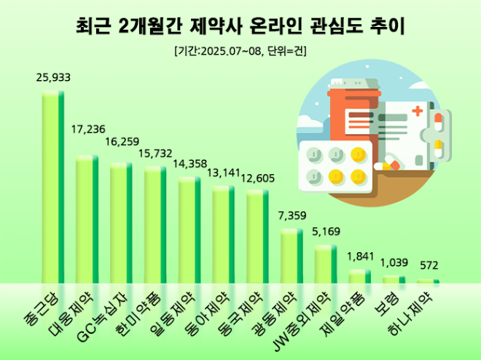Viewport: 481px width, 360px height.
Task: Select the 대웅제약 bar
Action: tap(87, 219)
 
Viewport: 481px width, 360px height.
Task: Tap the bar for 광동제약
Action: tap(292, 256)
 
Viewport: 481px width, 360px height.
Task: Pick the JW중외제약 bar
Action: tap(326, 264)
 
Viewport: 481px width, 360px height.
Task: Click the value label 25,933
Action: tap(52, 79)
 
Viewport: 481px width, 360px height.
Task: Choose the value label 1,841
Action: tap(361, 257)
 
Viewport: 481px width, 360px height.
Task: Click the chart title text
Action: tap(240, 27)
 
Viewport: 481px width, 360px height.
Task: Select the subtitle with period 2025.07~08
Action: tap(240, 52)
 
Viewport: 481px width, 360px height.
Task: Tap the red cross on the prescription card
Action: tap(418, 111)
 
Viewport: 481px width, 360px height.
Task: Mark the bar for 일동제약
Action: tap(189, 230)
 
